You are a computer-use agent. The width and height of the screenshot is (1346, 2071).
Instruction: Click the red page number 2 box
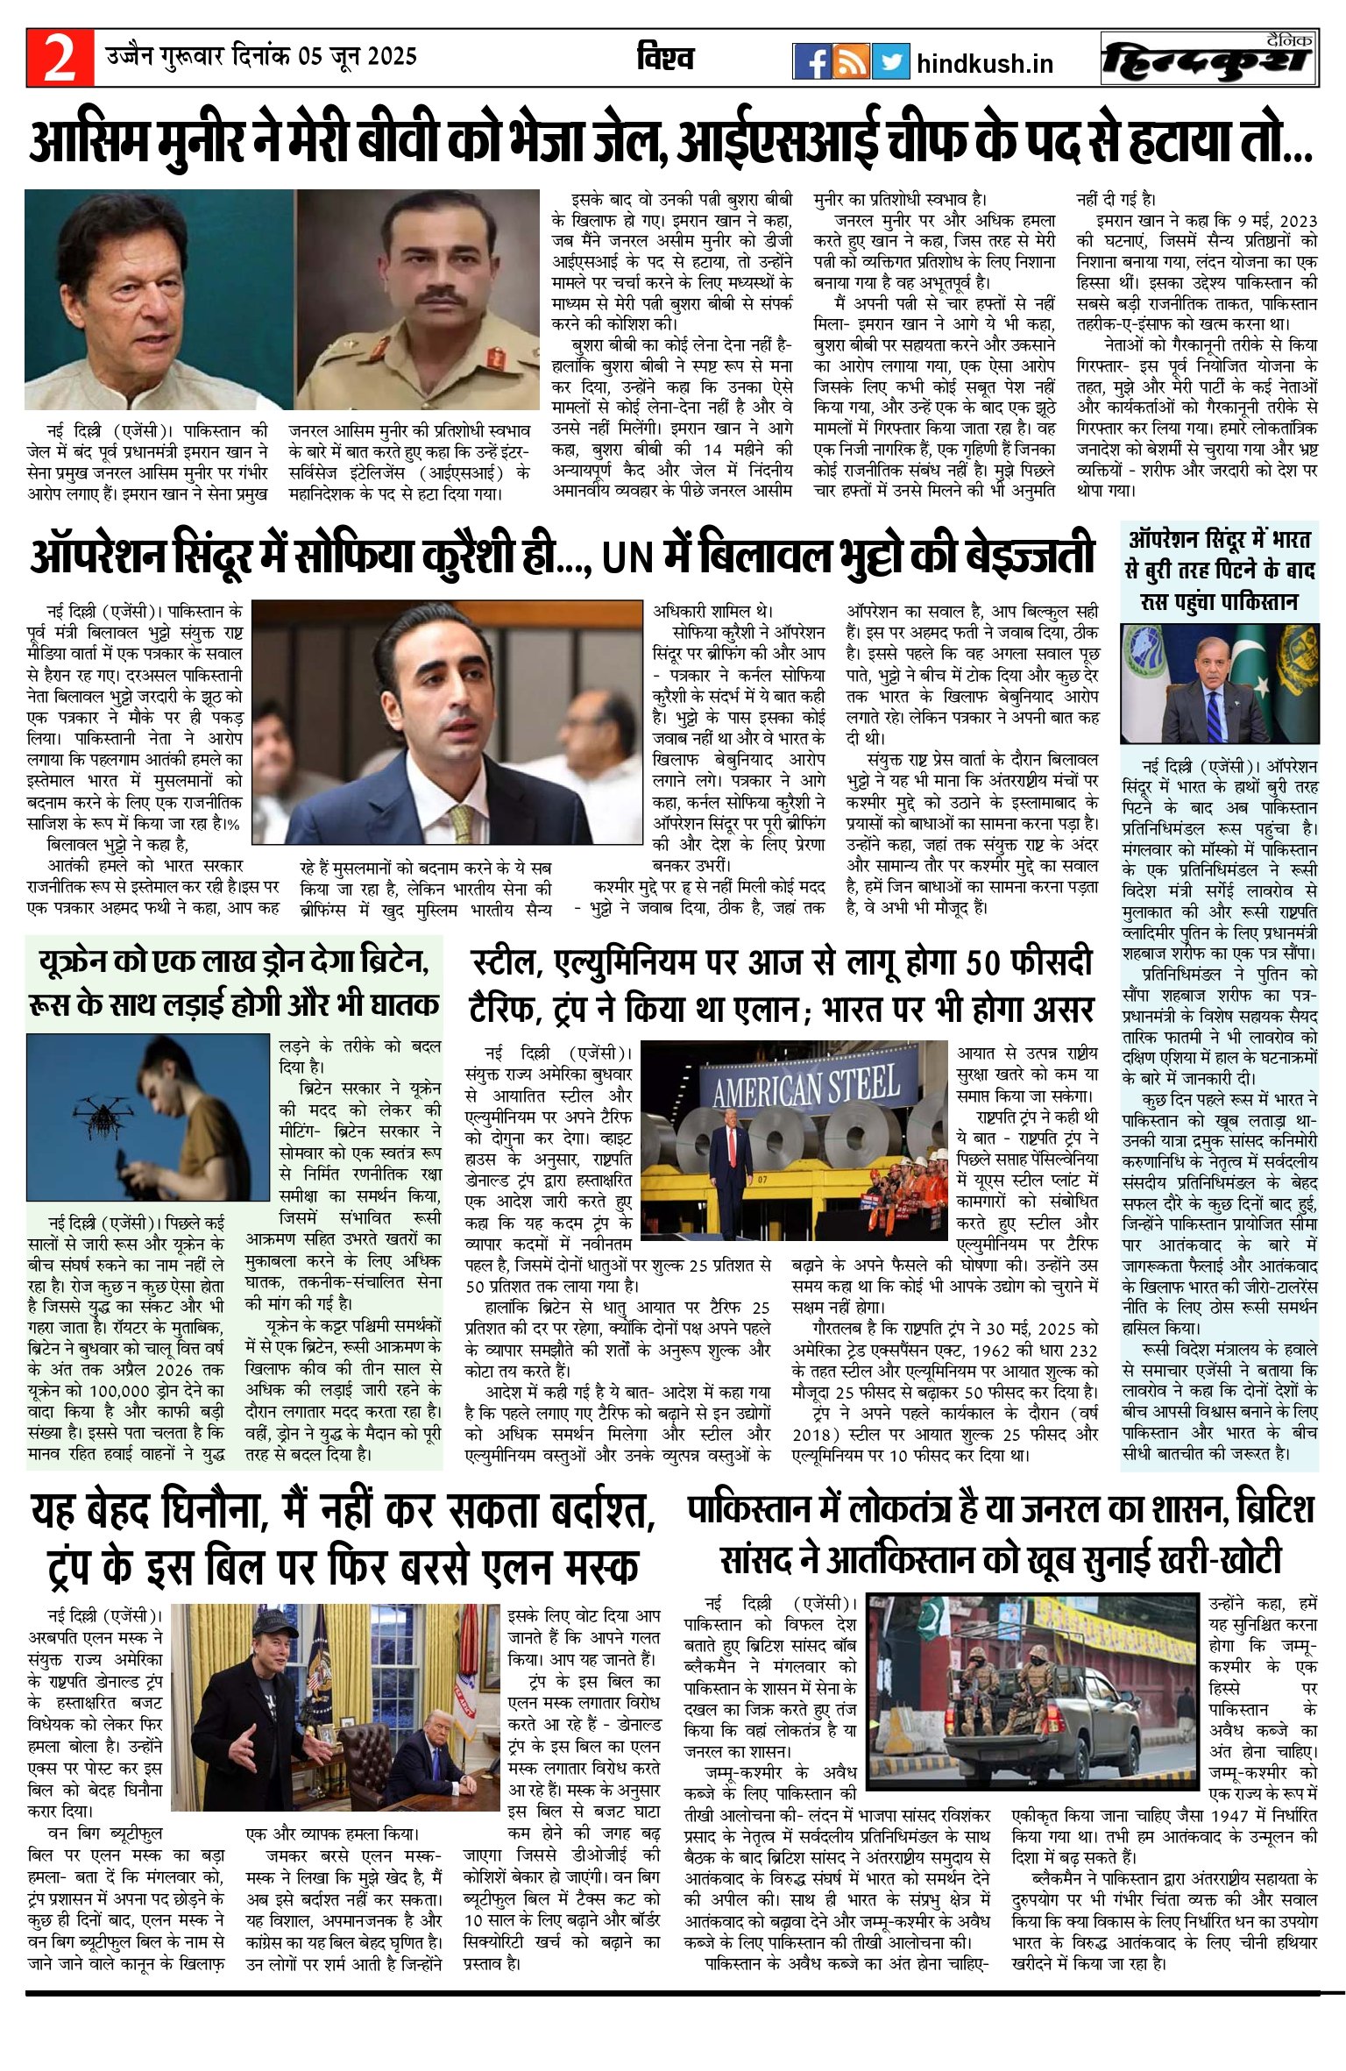coord(60,59)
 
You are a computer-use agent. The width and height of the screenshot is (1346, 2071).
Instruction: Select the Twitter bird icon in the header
coord(890,61)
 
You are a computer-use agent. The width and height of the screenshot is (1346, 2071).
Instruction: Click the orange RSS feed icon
coord(851,61)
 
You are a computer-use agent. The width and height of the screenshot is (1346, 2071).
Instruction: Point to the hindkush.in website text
coord(984,64)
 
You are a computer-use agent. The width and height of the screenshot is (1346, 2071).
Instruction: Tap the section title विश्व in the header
coord(665,59)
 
